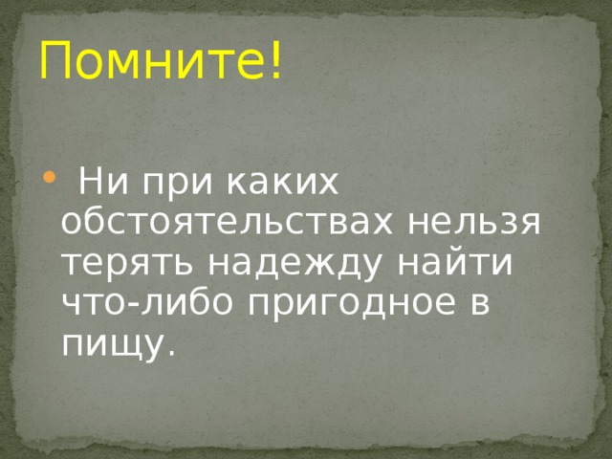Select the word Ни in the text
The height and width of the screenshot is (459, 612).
tap(95, 180)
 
